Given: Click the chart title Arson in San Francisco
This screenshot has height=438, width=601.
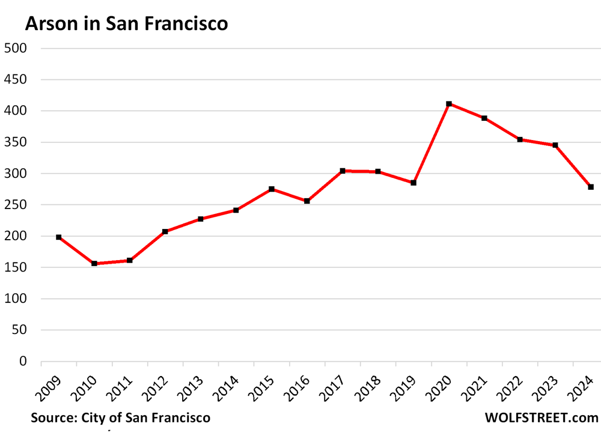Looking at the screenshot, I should [x=126, y=24].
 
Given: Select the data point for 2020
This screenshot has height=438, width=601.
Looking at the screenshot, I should [x=449, y=104].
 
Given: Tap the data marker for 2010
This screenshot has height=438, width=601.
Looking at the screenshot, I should [x=94, y=264].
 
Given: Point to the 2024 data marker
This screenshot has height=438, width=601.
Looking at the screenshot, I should [x=591, y=187].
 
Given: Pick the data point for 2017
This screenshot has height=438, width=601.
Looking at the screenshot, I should [x=343, y=171].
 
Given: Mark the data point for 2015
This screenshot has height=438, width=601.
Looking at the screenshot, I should [x=272, y=189].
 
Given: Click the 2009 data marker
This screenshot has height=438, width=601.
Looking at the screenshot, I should [x=59, y=237].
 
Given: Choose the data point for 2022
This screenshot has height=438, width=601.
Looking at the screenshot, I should [x=520, y=139].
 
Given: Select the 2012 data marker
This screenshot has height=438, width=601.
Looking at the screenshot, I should [x=165, y=231].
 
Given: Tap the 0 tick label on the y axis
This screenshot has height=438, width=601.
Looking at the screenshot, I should [x=23, y=361].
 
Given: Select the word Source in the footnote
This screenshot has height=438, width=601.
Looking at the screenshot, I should [x=50, y=418].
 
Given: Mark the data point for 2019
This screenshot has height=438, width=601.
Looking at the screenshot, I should [x=413, y=183].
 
